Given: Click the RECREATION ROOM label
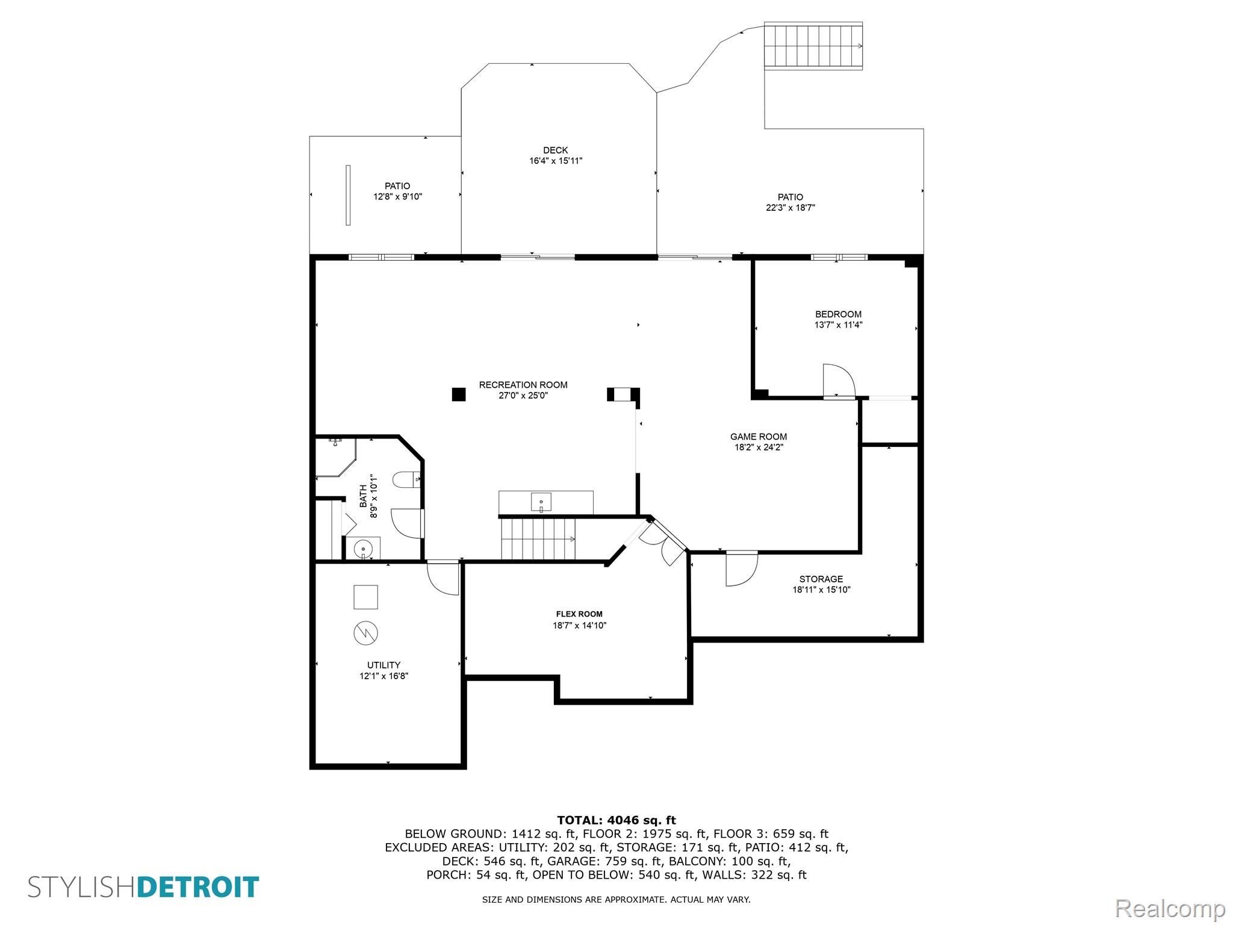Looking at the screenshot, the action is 523,385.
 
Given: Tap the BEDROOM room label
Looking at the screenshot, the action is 838,314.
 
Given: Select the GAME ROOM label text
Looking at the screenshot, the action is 759,437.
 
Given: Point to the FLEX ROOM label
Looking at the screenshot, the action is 579,614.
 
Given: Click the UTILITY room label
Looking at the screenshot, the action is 384,665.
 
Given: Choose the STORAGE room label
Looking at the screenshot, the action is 821,579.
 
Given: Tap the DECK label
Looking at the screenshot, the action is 555,151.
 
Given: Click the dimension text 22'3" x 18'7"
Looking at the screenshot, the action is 790,208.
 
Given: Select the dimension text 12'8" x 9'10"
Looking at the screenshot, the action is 397,197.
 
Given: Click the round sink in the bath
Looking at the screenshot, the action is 363,549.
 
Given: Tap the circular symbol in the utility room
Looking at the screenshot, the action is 365,633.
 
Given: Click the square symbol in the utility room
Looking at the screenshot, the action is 365,597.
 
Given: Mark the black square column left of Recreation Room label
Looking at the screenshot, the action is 459,394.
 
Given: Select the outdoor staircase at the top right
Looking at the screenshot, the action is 813,46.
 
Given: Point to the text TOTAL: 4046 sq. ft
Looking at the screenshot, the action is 616,820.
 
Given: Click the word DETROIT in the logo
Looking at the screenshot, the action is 198,888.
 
